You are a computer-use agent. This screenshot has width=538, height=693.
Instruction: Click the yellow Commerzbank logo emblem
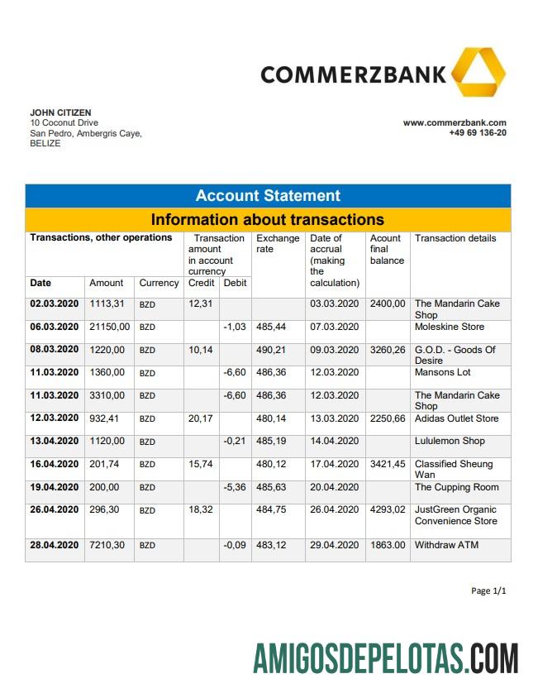478,72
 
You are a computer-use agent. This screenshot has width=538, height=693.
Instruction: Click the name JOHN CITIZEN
60,112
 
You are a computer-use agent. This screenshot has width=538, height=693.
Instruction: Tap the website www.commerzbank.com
455,122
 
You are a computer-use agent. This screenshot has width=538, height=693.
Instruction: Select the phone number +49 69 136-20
478,132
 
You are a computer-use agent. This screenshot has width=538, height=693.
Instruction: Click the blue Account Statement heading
268,196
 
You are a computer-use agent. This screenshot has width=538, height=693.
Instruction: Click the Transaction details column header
455,238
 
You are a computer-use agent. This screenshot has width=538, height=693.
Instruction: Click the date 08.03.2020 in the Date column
54,350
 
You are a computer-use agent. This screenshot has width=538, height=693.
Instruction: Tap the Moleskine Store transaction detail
450,327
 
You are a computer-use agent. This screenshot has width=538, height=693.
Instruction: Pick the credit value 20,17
200,418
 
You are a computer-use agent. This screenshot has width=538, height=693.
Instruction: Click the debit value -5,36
236,487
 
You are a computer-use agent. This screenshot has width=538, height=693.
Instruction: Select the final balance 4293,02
388,510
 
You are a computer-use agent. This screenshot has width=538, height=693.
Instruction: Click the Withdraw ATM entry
446,545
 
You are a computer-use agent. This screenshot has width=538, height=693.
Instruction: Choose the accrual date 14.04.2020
335,441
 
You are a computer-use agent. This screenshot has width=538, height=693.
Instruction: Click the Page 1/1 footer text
488,590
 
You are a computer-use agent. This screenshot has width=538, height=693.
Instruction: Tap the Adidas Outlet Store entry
456,418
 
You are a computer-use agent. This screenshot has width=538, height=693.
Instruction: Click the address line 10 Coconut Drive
64,123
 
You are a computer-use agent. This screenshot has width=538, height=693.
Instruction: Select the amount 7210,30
107,545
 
